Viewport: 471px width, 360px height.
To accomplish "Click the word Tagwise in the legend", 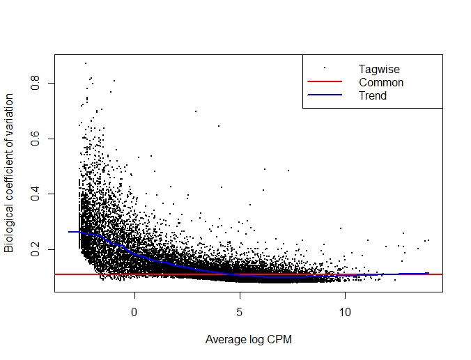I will pos(379,69).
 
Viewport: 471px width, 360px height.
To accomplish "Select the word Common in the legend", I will pos(381,82).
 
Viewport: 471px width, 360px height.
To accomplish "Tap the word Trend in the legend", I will pos(373,95).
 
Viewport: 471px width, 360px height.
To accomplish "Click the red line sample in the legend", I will pos(325,82).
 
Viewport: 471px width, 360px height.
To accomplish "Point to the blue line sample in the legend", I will pos(325,95).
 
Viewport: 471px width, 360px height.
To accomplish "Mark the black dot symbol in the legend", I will pos(325,68).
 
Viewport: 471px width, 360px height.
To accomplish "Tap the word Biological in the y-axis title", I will pos(10,229).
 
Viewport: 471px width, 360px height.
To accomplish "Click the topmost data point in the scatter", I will pos(86,63).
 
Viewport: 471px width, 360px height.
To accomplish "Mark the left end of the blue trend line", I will pos(69,232).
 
